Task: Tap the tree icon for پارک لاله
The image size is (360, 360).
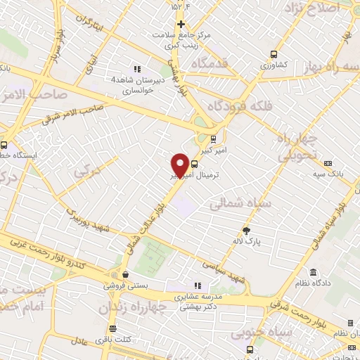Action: tap(246, 231)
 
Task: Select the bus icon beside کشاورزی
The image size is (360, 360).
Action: tap(274, 54)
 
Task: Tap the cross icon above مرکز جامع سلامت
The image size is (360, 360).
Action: tap(181, 23)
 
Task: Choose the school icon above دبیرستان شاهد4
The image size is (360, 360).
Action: tap(138, 69)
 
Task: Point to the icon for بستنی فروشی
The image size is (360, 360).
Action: tap(125, 275)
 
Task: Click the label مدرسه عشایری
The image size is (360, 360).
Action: tap(198, 297)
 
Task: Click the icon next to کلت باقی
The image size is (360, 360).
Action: tap(112, 329)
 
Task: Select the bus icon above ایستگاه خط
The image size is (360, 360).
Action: tap(4, 141)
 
